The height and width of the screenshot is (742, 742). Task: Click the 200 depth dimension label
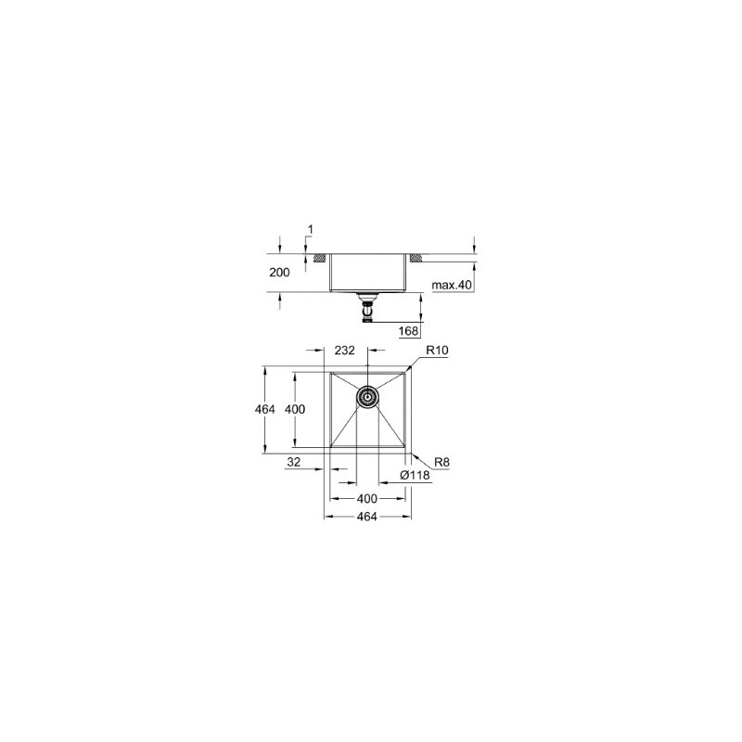click(279, 273)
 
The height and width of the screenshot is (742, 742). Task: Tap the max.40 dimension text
click(452, 285)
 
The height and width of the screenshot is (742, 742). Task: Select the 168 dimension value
click(408, 330)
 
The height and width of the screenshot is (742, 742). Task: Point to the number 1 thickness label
click(311, 230)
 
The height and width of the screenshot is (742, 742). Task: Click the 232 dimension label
click(344, 351)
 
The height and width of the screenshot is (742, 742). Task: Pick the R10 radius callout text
click(437, 351)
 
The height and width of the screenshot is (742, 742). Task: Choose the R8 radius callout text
click(441, 462)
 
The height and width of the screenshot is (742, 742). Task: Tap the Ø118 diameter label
click(415, 475)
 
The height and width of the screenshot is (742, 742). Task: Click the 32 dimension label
click(293, 462)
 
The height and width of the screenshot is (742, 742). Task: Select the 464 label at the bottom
click(366, 517)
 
